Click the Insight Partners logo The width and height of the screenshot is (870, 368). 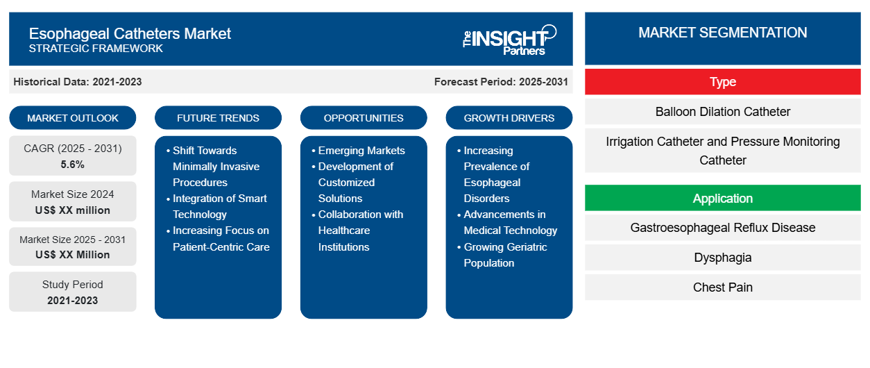[x=509, y=39]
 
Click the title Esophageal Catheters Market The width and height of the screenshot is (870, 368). [x=130, y=33]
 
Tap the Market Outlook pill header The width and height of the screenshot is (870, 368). [x=73, y=118]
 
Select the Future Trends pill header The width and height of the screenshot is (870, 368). [x=218, y=118]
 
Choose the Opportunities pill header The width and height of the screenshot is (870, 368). [x=364, y=118]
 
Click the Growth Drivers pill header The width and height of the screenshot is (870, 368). [x=509, y=118]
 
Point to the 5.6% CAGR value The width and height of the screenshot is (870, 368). [x=73, y=165]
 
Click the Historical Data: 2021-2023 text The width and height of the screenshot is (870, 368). [x=78, y=82]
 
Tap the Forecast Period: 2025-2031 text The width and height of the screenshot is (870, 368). [x=501, y=82]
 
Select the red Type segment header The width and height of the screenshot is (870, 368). [x=722, y=82]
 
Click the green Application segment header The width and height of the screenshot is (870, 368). [x=722, y=199]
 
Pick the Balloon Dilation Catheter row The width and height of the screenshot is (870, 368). [x=722, y=112]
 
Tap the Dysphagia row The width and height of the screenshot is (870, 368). [x=722, y=258]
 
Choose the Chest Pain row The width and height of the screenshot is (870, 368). [x=722, y=287]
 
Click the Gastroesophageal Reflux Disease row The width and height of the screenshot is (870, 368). [x=722, y=228]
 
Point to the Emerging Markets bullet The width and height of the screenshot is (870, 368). [x=361, y=151]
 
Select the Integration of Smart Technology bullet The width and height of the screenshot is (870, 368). [x=219, y=206]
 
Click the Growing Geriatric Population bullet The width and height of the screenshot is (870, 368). [x=505, y=255]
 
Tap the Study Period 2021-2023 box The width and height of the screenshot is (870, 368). [x=73, y=292]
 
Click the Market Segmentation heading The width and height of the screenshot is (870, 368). [x=722, y=33]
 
